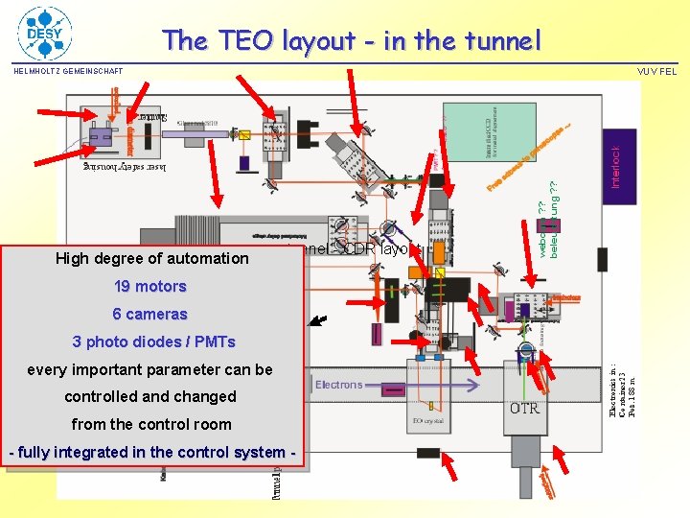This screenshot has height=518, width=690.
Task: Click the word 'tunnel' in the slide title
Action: coord(491,40)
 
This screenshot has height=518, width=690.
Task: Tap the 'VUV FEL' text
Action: coord(656,71)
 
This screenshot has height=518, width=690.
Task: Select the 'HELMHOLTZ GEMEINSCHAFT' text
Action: coord(68,71)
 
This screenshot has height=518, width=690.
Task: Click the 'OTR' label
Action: coord(524,408)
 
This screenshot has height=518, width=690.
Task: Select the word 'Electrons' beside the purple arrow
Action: coord(339,385)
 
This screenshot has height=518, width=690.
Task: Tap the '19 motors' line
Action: coord(149,286)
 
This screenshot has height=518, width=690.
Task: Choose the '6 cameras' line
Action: coord(149,314)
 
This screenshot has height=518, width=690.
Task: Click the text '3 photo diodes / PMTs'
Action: coord(153,341)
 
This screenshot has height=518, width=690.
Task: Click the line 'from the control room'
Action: coord(151,424)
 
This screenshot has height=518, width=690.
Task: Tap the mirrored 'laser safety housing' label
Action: coord(125,167)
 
